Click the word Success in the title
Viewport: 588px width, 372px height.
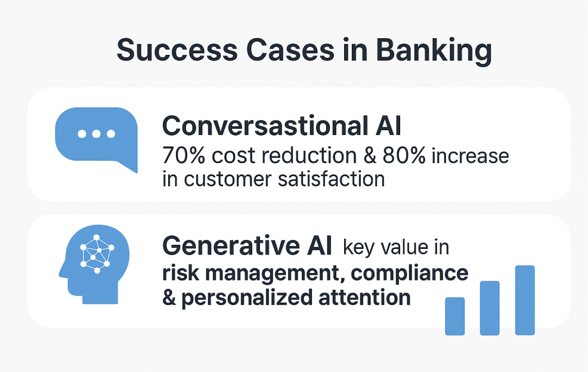coord(177,50)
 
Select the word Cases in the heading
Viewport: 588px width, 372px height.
coord(290,50)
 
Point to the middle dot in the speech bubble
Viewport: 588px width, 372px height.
coord(97,134)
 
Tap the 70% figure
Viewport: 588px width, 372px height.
coord(184,155)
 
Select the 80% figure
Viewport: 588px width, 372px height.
coord(404,155)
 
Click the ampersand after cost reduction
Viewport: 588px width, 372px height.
coord(370,155)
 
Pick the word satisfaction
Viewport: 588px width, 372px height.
coord(332,179)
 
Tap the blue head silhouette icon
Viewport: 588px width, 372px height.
coord(94,265)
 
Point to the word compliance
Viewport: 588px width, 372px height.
coord(410,274)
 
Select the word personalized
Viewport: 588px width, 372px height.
coord(247,299)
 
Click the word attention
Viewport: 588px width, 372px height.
coord(364,297)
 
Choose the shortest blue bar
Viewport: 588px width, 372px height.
coord(455,316)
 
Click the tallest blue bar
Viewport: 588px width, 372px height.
coord(525,300)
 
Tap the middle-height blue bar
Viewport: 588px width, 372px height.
coord(490,308)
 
